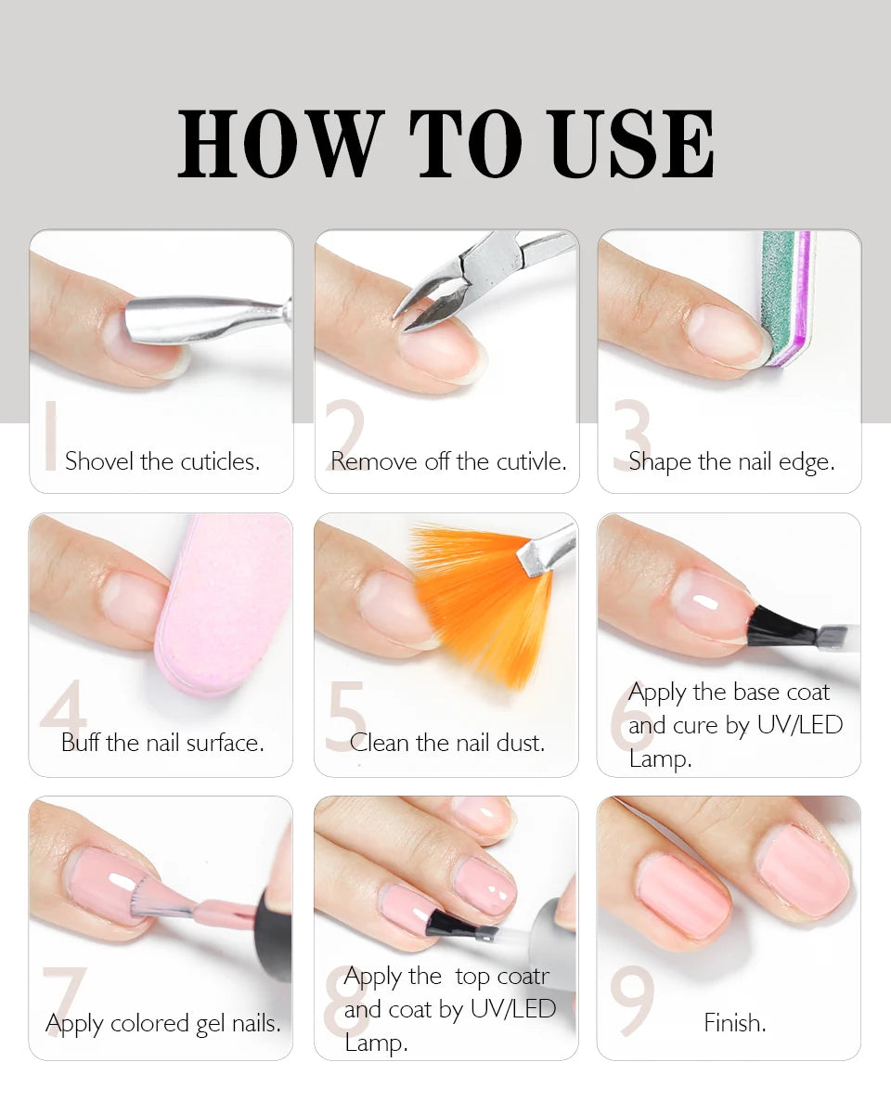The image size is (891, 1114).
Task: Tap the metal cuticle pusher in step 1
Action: pos(208,319)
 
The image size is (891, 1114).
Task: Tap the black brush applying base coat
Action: pos(781,628)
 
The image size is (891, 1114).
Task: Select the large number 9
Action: pos(632,1001)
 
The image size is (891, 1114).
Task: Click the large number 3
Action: pos(632,434)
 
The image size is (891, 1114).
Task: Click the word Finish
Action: pos(735,1022)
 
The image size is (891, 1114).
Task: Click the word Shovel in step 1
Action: pos(99,460)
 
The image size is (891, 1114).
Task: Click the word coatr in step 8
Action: pos(523,977)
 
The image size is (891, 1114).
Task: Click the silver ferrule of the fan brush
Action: pos(547,551)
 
